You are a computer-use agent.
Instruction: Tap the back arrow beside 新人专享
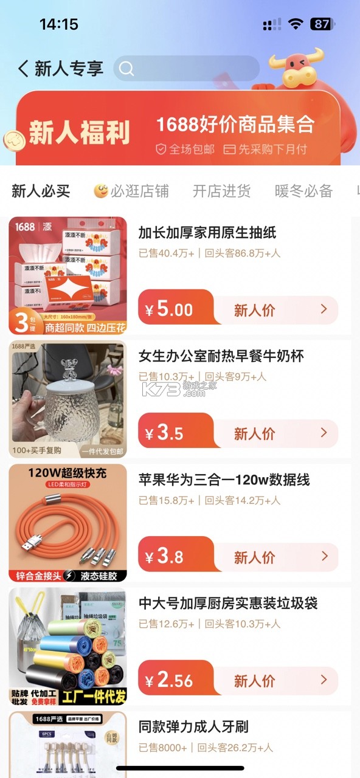23,68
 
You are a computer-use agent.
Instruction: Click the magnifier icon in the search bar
126,69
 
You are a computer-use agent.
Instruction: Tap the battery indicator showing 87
322,24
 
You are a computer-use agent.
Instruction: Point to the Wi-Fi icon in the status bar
296,24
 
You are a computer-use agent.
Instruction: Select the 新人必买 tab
41,191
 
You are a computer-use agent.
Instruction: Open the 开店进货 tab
221,191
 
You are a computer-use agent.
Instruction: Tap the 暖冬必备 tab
303,191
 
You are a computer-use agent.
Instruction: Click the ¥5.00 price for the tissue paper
170,310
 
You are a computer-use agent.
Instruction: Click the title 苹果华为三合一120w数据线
224,480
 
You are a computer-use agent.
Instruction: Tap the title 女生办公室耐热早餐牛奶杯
221,356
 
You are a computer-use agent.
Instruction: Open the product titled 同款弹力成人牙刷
193,727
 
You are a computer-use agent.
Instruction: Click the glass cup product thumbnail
67,399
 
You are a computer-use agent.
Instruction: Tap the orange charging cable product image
67,523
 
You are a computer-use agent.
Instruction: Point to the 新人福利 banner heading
80,133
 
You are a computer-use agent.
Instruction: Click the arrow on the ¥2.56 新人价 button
324,679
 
